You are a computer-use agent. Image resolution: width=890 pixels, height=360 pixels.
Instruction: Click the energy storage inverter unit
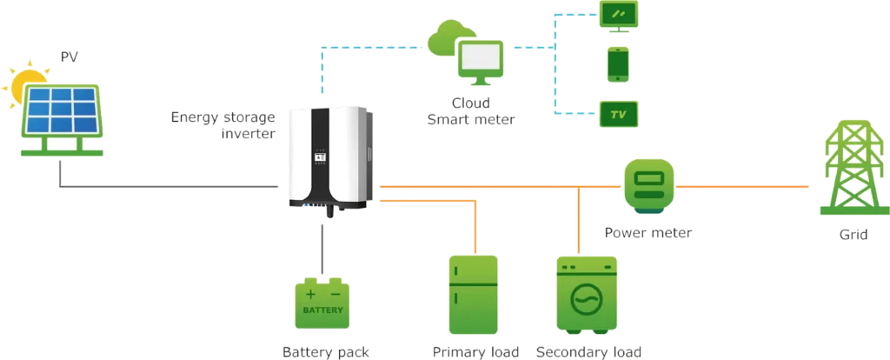click(x=330, y=157)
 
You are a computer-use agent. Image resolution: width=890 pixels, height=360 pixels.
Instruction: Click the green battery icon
click(x=323, y=303)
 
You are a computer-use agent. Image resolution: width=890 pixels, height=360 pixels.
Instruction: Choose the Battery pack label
click(x=325, y=352)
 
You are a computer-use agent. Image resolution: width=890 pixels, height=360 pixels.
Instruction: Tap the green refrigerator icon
click(x=473, y=295)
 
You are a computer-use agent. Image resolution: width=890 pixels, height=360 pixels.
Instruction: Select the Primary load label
click(x=475, y=352)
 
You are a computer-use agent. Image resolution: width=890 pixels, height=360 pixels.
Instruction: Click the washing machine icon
click(x=588, y=297)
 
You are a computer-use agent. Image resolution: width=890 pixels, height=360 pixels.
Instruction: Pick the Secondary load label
click(x=588, y=352)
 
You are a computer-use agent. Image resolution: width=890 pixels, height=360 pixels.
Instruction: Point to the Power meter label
click(x=648, y=233)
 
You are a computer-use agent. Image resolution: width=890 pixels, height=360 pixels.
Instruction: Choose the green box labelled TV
click(x=618, y=114)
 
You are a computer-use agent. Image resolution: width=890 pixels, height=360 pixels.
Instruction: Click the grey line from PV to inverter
click(x=174, y=185)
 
